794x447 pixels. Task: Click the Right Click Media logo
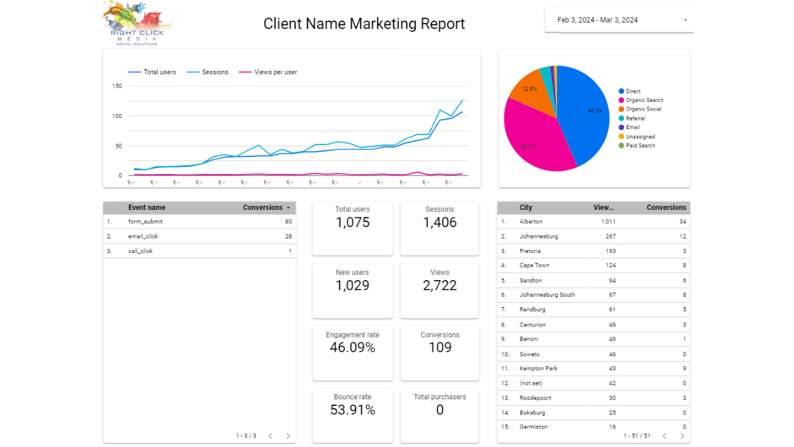coord(138,24)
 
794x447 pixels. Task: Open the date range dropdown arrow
coord(685,20)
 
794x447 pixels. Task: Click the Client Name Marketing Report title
coord(364,24)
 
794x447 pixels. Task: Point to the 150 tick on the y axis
coord(117,86)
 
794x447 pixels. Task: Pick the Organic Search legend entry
coord(644,100)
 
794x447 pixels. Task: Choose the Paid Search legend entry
coord(640,146)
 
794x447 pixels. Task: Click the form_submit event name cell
coord(146,222)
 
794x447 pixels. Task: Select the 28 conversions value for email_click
coord(288,236)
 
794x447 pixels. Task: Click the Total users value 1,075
coord(353,223)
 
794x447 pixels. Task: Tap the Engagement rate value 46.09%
coord(353,348)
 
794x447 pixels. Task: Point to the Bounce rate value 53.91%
coord(353,411)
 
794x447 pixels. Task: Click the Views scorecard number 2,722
coord(440,286)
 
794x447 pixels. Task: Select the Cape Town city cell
coord(535,266)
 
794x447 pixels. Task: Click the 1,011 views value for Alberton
coord(608,222)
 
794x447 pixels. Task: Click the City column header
coord(526,207)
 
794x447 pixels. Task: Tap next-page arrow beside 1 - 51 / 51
coord(682,436)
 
